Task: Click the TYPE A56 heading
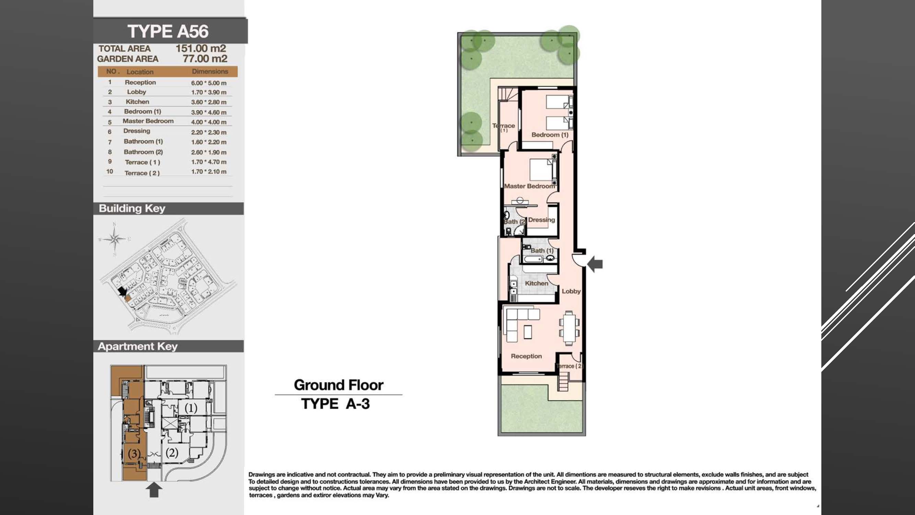pos(168,31)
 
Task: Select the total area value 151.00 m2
pos(201,48)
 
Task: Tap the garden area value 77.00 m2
pos(205,59)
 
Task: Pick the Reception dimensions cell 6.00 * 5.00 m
pos(209,83)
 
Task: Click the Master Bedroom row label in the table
pos(148,121)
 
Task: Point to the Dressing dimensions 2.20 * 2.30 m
pos(209,132)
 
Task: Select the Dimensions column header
pos(210,71)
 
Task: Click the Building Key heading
pos(132,208)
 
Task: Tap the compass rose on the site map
pos(114,239)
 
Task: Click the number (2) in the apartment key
pos(172,453)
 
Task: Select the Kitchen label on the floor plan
pos(536,283)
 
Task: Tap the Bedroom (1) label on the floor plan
pos(550,135)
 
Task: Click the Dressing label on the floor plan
pos(541,220)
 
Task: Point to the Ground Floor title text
pos(339,385)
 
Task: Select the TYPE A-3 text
pos(335,404)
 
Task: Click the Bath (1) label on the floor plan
pos(542,251)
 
